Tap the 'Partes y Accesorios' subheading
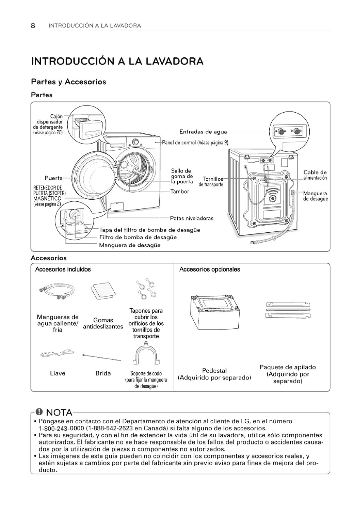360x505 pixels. pyautogui.click(x=68, y=82)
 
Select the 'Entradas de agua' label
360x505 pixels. pyautogui.click(x=203, y=132)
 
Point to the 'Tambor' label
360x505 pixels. pyautogui.click(x=180, y=191)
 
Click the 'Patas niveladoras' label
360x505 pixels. pyautogui.click(x=192, y=218)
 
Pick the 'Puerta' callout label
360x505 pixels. pyautogui.click(x=53, y=178)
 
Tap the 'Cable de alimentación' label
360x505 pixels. pyautogui.click(x=315, y=175)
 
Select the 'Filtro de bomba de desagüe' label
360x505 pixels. pyautogui.click(x=138, y=237)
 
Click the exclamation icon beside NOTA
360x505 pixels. pyautogui.click(x=40, y=412)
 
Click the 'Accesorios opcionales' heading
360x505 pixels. pyautogui.click(x=209, y=269)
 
